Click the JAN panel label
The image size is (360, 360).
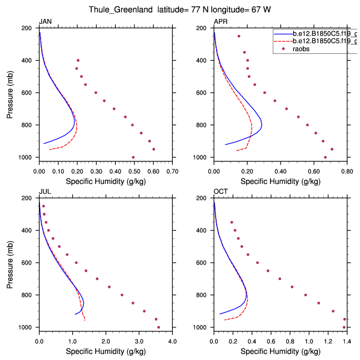click(44, 22)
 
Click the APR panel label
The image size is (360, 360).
click(220, 22)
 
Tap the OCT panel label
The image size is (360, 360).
click(221, 192)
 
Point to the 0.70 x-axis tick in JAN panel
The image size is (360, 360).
click(172, 172)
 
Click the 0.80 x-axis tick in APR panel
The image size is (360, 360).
click(347, 172)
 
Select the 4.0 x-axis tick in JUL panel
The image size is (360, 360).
click(172, 342)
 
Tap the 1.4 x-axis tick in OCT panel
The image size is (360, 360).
click(347, 342)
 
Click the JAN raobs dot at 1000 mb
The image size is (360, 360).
click(133, 157)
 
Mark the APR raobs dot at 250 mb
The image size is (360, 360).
click(239, 36)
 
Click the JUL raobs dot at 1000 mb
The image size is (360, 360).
click(158, 327)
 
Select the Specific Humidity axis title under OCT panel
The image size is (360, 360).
click(280, 352)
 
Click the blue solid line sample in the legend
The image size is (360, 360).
click(281, 33)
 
